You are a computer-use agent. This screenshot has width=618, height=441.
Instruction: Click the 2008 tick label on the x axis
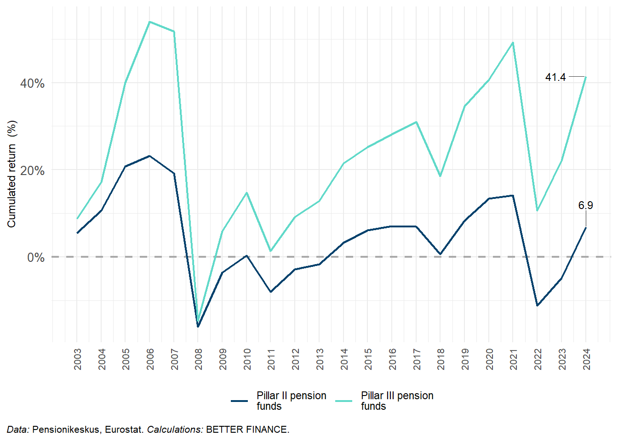pos(199,359)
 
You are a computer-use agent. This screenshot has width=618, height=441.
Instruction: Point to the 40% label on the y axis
pos(32,84)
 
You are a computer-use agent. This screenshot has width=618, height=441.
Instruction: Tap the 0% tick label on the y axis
pos(36,257)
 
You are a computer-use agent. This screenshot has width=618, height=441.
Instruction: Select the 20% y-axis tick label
pos(32,171)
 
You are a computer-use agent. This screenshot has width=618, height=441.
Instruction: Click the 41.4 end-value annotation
pos(555,77)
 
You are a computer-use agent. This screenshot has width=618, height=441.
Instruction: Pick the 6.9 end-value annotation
pos(585,205)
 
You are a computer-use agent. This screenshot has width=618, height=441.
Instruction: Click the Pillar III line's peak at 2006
pos(149,22)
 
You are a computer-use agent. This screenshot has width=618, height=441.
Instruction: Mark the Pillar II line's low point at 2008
pos(198,327)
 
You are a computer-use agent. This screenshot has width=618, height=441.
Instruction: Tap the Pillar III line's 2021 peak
pos(513,43)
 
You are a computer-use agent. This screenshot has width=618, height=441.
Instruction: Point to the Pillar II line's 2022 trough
pos(537,305)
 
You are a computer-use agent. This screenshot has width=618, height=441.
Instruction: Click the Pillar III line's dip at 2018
pos(440,176)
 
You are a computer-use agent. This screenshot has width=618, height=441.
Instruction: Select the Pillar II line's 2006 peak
pos(149,156)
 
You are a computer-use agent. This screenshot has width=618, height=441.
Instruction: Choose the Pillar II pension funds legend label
pos(291,401)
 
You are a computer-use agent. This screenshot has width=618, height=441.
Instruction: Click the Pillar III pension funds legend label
pos(397,401)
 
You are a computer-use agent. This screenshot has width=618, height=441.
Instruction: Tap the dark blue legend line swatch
pos(240,401)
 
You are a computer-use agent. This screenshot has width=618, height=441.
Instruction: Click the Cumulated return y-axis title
pos(11,174)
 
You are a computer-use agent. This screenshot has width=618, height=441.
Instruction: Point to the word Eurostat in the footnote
pos(124,430)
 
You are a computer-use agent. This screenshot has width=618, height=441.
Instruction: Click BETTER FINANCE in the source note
pos(247,430)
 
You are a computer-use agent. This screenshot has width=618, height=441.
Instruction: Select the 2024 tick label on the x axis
pos(586,359)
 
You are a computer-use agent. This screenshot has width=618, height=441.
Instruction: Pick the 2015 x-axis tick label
pos(368,359)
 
